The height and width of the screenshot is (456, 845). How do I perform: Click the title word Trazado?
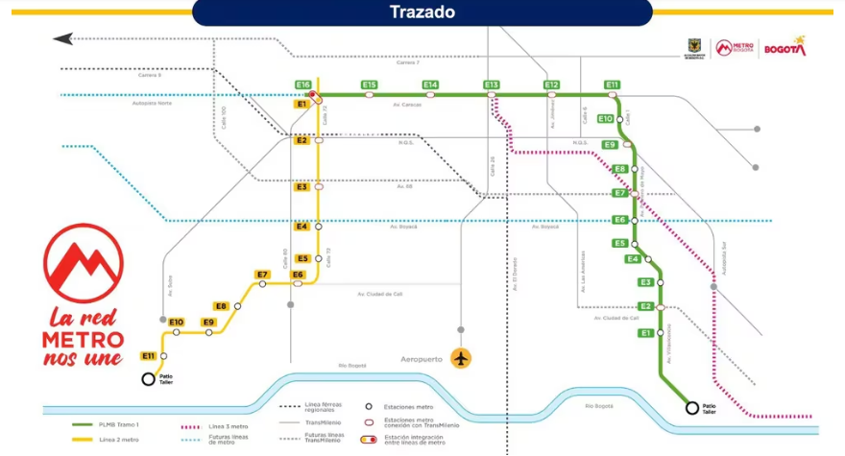point(422,12)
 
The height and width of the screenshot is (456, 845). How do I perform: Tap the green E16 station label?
point(303,85)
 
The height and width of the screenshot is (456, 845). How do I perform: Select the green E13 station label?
point(492,85)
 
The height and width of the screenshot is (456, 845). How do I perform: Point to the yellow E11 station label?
point(149,356)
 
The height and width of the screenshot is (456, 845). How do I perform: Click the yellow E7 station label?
point(262,276)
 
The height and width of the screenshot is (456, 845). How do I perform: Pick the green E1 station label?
point(645,332)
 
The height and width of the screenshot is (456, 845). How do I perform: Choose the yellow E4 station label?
point(302,227)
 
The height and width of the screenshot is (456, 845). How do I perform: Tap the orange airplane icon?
point(462,358)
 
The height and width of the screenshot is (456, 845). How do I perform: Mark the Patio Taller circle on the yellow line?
point(149,379)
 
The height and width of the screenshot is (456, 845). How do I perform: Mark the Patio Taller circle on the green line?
point(691,408)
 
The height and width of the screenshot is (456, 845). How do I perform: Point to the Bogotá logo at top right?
point(785,47)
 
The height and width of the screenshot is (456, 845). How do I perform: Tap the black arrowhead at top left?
point(63,39)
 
